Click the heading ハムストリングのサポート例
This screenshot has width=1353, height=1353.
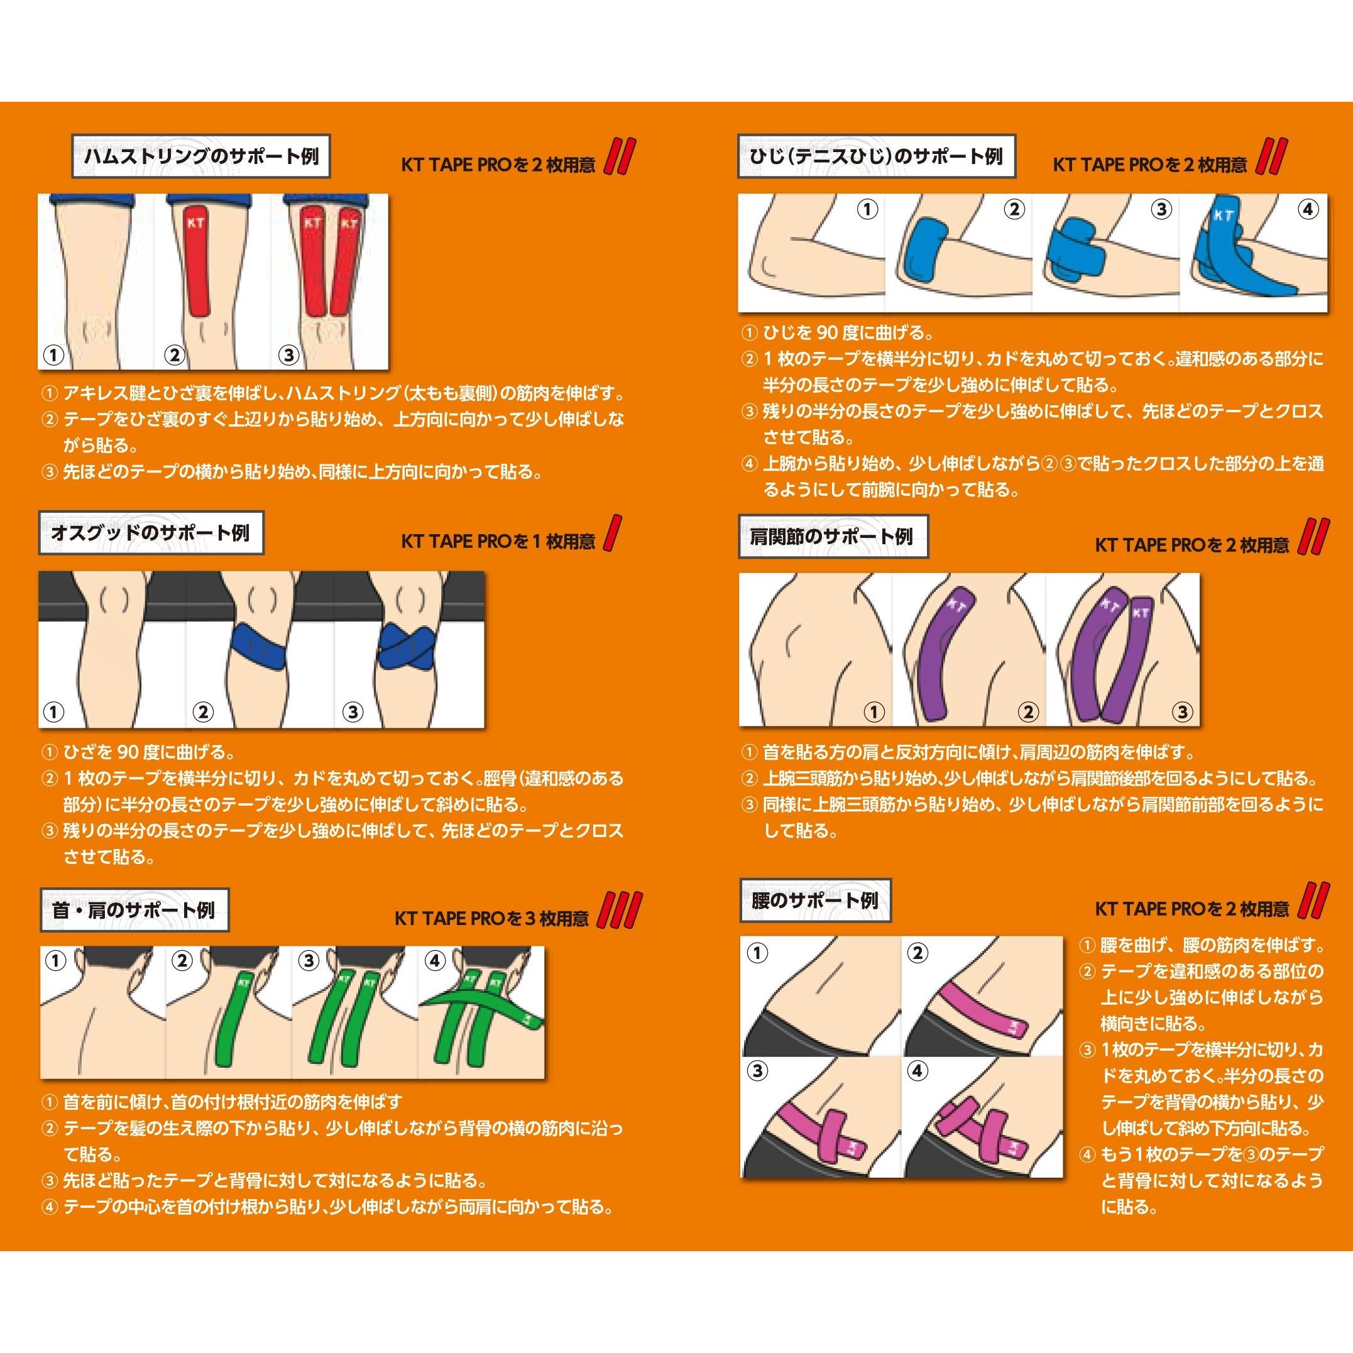pos(201,157)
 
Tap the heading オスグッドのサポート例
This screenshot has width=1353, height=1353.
pos(151,533)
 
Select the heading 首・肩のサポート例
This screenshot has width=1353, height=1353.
pos(134,911)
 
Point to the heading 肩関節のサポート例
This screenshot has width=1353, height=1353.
pos(833,537)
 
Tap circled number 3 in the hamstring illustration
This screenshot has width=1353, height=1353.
pos(288,354)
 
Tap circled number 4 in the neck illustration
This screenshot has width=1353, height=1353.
pos(435,961)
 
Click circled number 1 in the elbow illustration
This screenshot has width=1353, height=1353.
pos(867,209)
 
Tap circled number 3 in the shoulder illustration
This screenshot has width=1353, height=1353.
pos(1181,712)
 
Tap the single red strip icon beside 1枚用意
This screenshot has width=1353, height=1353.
pos(613,534)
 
